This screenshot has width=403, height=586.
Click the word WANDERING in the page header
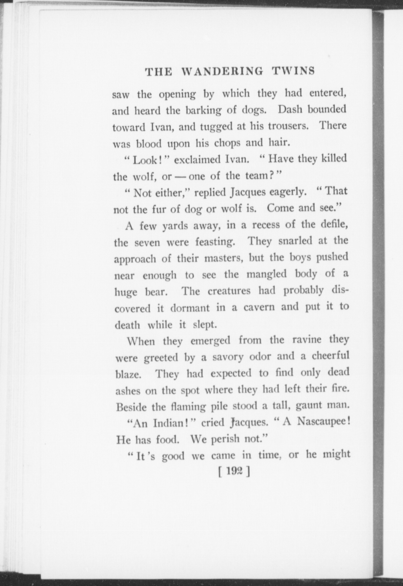click(x=222, y=71)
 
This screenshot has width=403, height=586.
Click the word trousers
click(x=290, y=126)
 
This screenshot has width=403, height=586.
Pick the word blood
click(x=149, y=144)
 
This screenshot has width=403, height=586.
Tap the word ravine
click(x=307, y=340)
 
